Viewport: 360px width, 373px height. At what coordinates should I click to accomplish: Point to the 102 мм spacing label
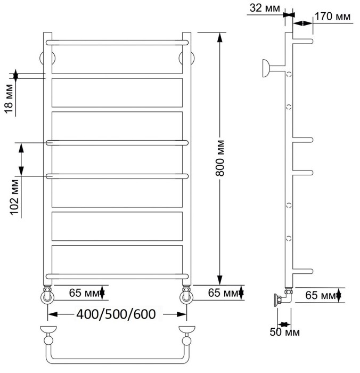[15, 197]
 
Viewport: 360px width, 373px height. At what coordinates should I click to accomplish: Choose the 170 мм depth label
[332, 17]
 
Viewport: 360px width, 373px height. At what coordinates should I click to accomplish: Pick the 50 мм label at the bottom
[285, 333]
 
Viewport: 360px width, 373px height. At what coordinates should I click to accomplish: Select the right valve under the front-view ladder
[186, 295]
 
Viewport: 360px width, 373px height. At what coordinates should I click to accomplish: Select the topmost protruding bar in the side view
[302, 41]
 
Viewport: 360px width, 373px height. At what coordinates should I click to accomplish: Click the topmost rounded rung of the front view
[118, 41]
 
